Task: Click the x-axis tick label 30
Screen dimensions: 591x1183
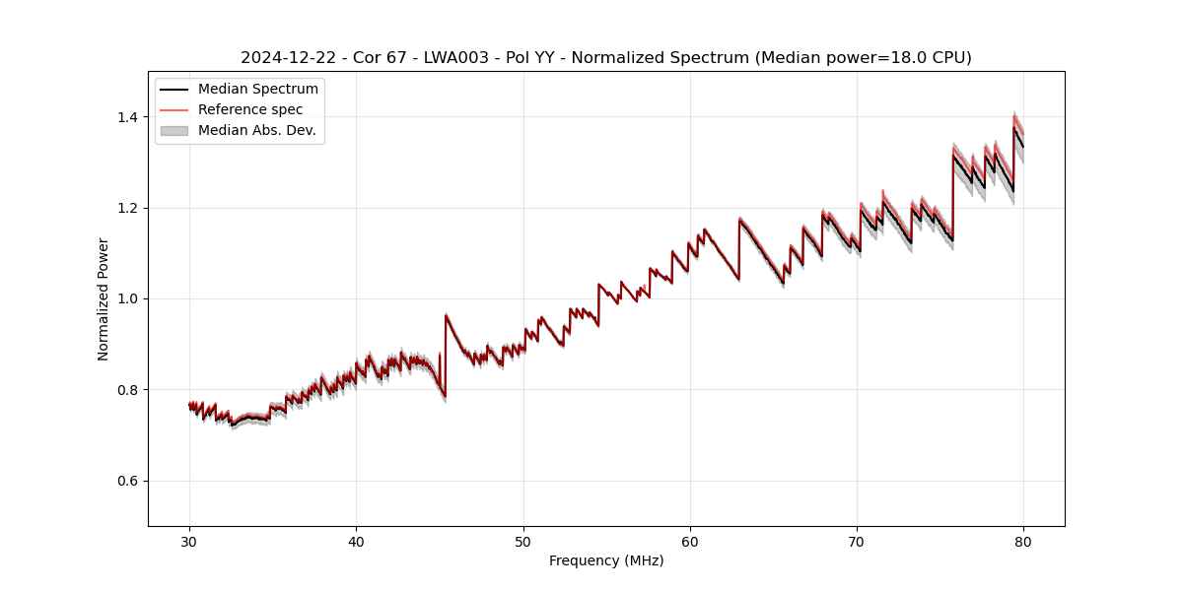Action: (189, 541)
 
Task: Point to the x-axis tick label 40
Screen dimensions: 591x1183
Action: (356, 541)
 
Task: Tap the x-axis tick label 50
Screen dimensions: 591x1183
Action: (523, 541)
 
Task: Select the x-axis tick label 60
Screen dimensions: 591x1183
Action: (690, 541)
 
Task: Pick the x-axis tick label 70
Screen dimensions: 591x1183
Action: (857, 541)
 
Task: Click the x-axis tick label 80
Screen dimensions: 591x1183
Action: (1023, 541)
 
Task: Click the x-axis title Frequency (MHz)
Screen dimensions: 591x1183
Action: (606, 560)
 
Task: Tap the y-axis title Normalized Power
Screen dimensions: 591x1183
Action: (103, 298)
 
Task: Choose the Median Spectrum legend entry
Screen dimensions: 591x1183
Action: (257, 90)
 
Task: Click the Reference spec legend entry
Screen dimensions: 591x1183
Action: (250, 109)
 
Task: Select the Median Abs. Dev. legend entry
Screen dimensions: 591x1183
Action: (256, 130)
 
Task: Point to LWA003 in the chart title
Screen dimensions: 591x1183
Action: (456, 58)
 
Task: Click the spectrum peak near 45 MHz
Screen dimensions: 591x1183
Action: (447, 315)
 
